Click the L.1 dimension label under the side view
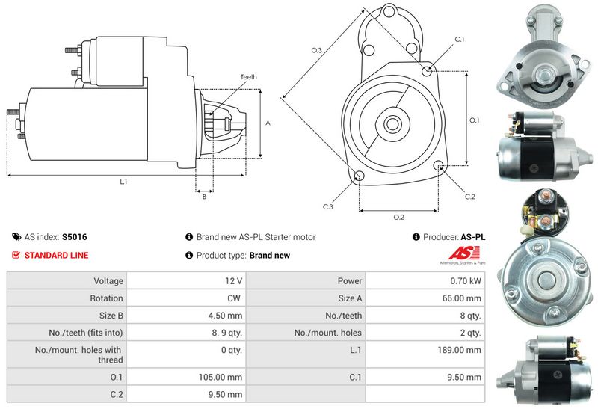click(x=123, y=182)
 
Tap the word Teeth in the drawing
click(x=249, y=77)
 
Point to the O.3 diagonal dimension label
click(x=316, y=50)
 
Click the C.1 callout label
click(x=459, y=39)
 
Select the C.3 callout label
click(x=328, y=206)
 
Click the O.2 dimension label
click(x=398, y=218)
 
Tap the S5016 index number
click(x=74, y=237)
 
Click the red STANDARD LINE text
click(x=56, y=256)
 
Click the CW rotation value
click(x=235, y=298)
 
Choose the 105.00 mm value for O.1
click(x=224, y=377)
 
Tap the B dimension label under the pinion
click(x=204, y=197)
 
